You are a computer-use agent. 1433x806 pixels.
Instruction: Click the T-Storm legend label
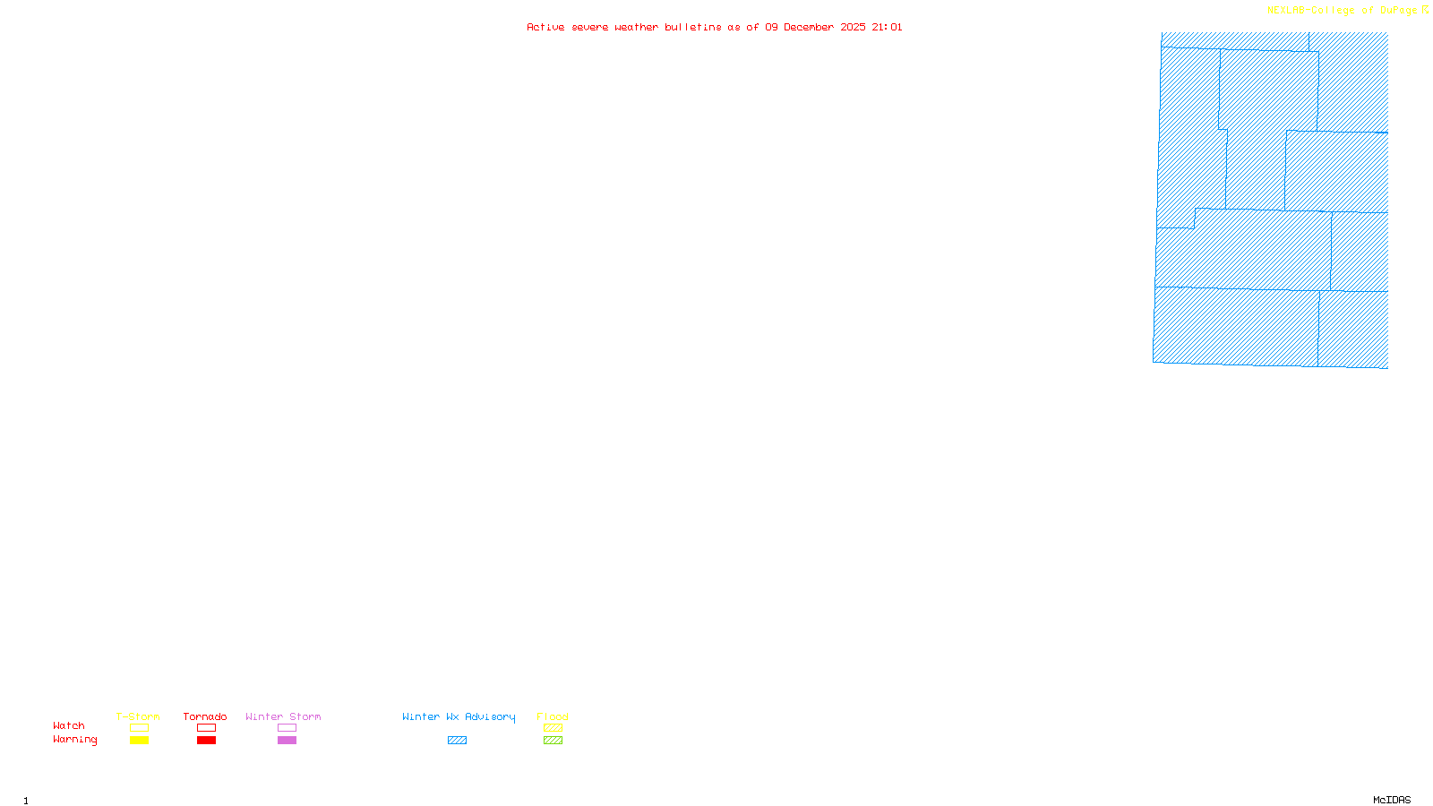pos(138,716)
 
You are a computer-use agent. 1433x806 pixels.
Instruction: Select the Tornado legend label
pos(205,716)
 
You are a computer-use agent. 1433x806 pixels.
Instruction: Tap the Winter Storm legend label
pos(283,716)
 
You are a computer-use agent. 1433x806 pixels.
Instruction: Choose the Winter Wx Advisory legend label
pos(459,716)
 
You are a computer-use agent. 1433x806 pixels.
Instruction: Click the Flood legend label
pos(553,716)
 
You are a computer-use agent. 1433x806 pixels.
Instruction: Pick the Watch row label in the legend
pos(69,725)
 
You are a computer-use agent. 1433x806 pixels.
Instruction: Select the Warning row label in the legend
pos(75,740)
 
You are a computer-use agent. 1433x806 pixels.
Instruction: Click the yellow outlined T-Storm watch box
pos(139,728)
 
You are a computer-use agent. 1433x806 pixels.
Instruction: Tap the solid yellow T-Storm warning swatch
pos(139,741)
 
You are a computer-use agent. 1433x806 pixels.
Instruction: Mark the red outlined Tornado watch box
pos(207,728)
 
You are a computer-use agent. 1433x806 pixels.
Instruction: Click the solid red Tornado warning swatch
pos(207,741)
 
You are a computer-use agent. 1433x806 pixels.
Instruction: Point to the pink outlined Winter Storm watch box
pos(287,728)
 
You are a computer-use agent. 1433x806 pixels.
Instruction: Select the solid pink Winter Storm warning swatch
pos(287,741)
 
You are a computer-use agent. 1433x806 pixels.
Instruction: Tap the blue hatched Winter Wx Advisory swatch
pos(457,741)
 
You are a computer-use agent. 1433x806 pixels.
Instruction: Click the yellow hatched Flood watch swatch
pos(553,728)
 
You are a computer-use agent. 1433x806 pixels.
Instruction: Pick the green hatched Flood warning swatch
pos(553,741)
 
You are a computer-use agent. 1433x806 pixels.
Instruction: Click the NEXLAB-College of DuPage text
pos(1343,11)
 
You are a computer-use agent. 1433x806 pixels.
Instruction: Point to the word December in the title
pos(809,27)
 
